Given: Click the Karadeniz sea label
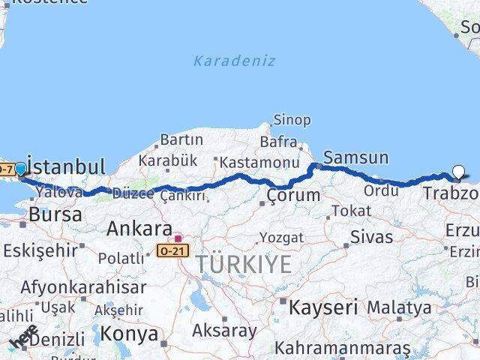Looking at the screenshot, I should point(234,61).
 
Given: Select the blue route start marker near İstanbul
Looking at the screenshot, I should point(20,169).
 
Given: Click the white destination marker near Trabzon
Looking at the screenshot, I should point(458,172).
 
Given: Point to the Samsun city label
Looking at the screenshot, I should point(355,158).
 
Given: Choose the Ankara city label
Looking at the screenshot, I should point(139,228).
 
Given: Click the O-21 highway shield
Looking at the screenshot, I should point(173,249).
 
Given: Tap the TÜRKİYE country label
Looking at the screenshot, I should point(244,264).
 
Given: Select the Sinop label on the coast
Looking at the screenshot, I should point(292,120).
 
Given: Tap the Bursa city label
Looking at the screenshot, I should point(55,214).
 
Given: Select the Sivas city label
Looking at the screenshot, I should point(371,238).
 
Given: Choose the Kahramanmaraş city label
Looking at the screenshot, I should point(342,349).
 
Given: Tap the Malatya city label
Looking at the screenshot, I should point(400,307).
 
